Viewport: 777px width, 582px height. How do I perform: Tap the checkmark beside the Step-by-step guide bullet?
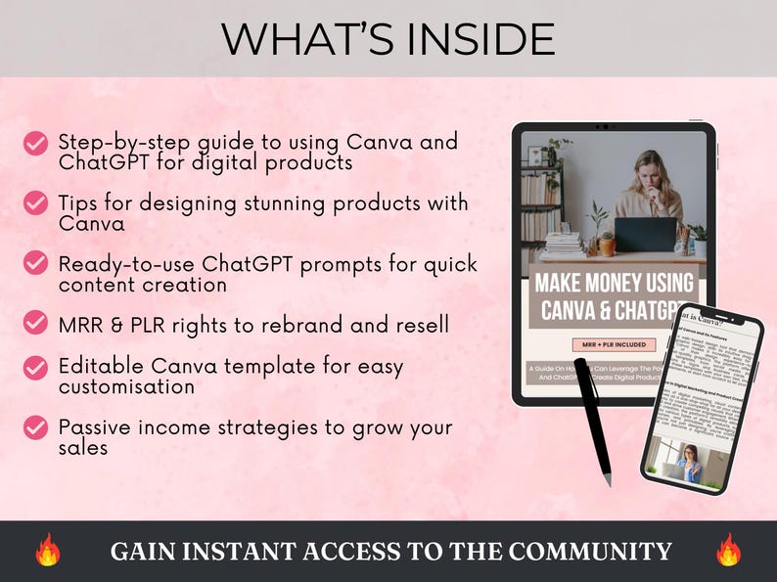(x=35, y=144)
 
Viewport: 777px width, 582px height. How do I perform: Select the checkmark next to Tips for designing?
(x=35, y=202)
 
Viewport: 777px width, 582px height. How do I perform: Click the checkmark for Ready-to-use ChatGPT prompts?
(x=35, y=263)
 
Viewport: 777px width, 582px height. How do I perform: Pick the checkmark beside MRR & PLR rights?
(x=35, y=322)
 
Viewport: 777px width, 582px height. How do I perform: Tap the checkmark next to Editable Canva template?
(x=35, y=368)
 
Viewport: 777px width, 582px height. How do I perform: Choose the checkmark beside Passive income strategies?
(x=35, y=427)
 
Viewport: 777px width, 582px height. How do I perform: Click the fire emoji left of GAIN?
(x=48, y=550)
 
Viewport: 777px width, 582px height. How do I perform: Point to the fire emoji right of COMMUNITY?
(x=728, y=550)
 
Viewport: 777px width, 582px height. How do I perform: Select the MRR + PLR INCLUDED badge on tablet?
(x=614, y=344)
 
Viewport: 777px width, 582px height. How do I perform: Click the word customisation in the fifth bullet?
(x=126, y=387)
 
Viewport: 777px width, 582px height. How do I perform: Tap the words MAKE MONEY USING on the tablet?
(x=614, y=284)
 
